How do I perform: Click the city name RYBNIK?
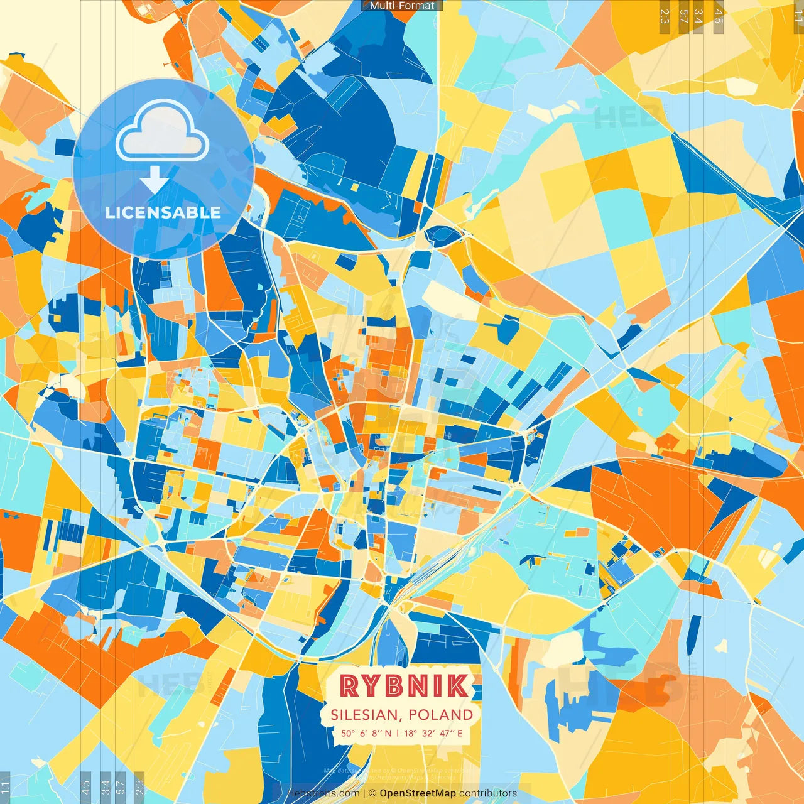click(x=404, y=686)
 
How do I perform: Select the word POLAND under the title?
click(x=441, y=715)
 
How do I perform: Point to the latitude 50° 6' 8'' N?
click(x=366, y=733)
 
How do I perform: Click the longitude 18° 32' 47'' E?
click(x=433, y=733)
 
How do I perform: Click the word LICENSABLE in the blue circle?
click(x=163, y=212)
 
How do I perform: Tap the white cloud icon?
click(x=162, y=133)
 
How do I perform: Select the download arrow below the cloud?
click(x=154, y=180)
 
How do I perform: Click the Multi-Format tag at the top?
click(x=402, y=6)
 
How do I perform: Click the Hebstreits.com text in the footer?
click(x=323, y=793)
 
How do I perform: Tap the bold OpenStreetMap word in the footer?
click(x=418, y=793)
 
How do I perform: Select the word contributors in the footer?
click(x=488, y=793)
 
